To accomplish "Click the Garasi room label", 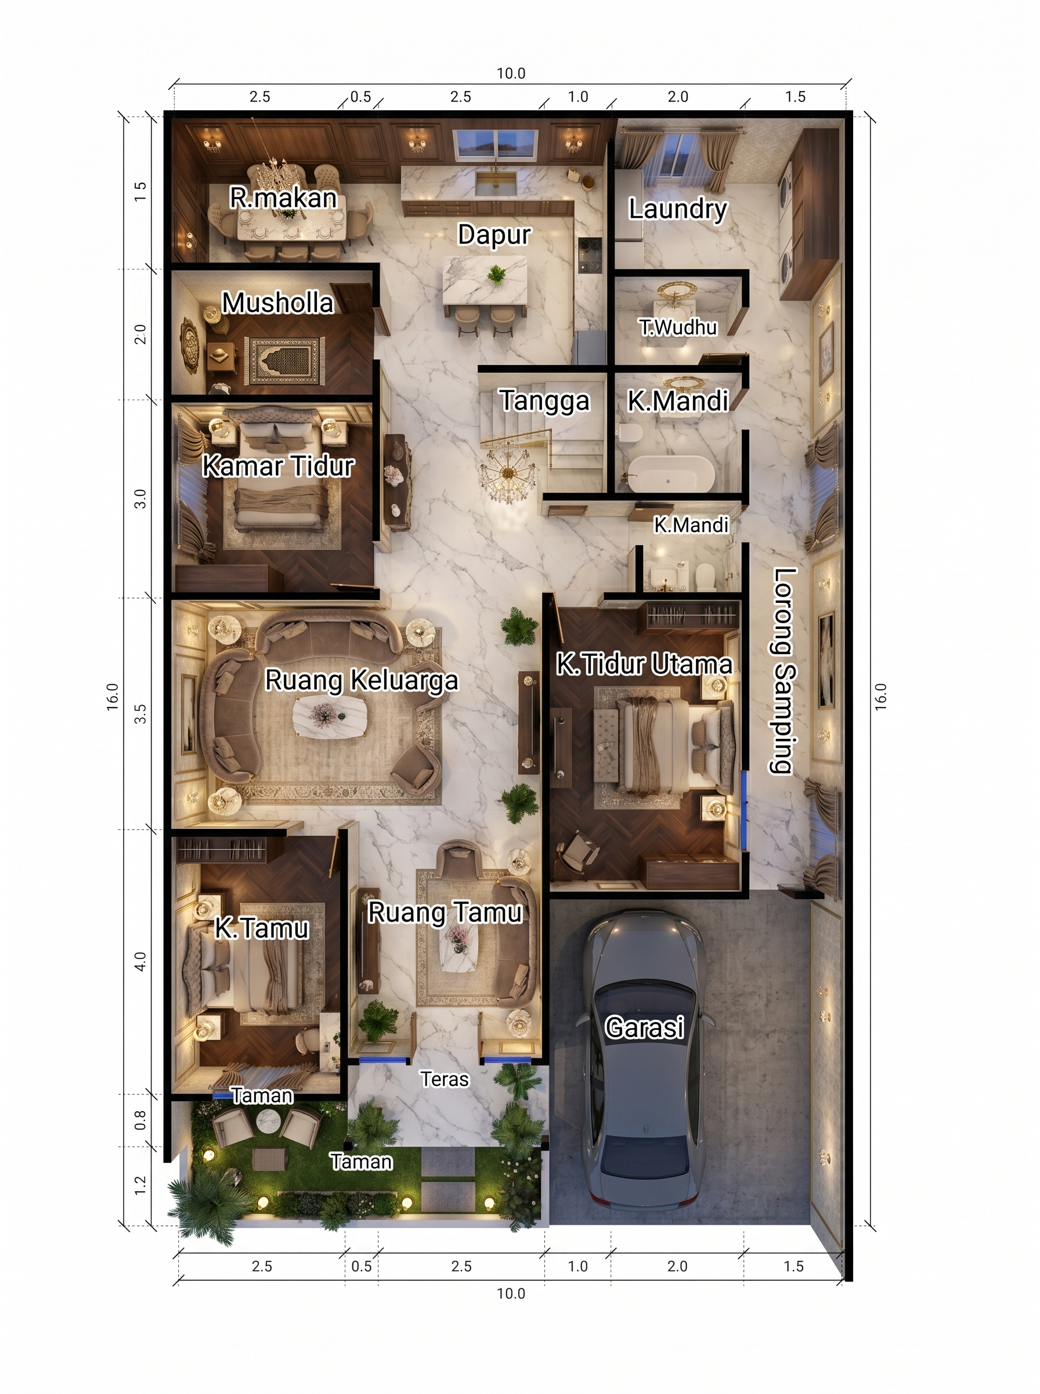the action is point(644,1027).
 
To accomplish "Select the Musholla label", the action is point(277,303).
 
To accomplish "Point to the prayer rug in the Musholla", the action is point(284,361).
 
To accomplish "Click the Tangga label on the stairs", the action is point(544,401).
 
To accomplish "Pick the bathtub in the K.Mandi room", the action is point(671,474).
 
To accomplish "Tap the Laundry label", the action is point(677,209).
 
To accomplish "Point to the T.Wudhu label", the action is point(678,328).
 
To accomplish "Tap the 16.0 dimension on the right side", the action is point(881,696).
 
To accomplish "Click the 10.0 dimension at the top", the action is point(511,74).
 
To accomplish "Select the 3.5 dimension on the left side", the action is point(140,713).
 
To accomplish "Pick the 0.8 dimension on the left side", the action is point(140,1119).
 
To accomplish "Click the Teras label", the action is point(445,1079).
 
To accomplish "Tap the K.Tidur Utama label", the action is point(644,664).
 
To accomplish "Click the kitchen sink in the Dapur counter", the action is point(496,184).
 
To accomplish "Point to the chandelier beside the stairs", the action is point(508,471).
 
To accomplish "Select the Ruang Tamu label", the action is point(445,912).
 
